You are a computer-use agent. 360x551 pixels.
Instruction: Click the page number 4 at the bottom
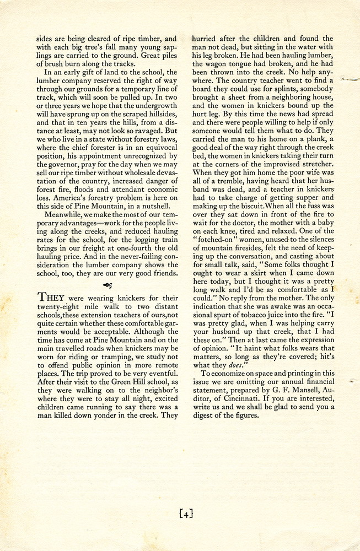click(x=186, y=515)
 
